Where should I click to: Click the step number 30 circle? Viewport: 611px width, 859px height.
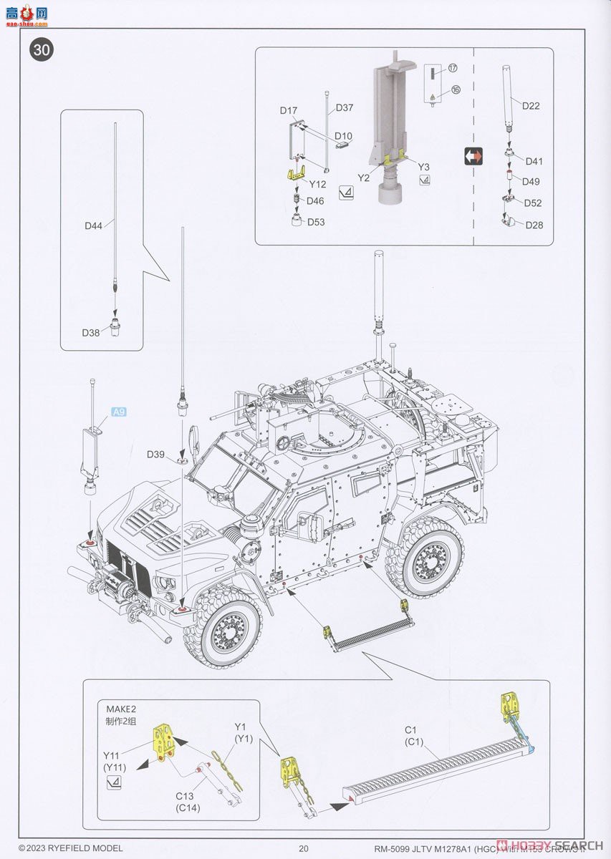pyautogui.click(x=41, y=50)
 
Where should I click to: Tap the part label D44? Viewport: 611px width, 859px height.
pyautogui.click(x=93, y=225)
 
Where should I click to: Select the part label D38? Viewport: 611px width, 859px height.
pyautogui.click(x=91, y=333)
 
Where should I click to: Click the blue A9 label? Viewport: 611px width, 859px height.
pyautogui.click(x=119, y=412)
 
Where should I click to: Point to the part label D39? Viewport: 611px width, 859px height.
pyautogui.click(x=156, y=455)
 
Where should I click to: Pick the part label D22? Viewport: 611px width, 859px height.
pyautogui.click(x=531, y=106)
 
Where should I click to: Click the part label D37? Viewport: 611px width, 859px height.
pyautogui.click(x=344, y=108)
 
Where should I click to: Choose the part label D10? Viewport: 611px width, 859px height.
pyautogui.click(x=343, y=136)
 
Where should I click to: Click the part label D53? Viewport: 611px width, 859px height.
pyautogui.click(x=316, y=222)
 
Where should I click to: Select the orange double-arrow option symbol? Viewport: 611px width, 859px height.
pyautogui.click(x=473, y=157)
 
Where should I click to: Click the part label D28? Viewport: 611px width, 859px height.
pyautogui.click(x=534, y=225)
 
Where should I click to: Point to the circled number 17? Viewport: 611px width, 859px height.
pyautogui.click(x=453, y=68)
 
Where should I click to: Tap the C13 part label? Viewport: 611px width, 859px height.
pyautogui.click(x=186, y=797)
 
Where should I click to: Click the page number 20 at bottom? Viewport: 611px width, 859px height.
pyautogui.click(x=304, y=848)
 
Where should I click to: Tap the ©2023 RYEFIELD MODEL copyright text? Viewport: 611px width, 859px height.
pyautogui.click(x=66, y=848)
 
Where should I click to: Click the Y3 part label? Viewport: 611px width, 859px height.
pyautogui.click(x=424, y=167)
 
